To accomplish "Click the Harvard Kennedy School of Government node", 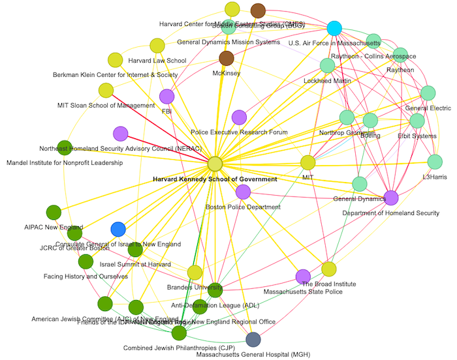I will click(215, 164).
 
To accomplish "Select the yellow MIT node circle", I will click(308, 162).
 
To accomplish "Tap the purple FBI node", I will click(167, 97).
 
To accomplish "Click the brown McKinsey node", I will click(227, 59).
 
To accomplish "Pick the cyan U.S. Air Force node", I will click(334, 28).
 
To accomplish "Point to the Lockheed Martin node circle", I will click(327, 65).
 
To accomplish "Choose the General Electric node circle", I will click(428, 93).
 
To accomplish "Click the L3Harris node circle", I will click(435, 162).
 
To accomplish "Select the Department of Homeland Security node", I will click(392, 198).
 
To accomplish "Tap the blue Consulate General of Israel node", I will click(118, 229).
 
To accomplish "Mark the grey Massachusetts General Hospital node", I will click(253, 339).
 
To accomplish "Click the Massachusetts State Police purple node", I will click(303, 277).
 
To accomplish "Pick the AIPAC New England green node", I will click(54, 212).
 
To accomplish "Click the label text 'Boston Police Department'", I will click(243, 207).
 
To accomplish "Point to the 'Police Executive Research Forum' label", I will click(239, 132).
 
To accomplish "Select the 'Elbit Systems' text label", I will click(417, 136).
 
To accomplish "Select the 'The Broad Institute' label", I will click(329, 284).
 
